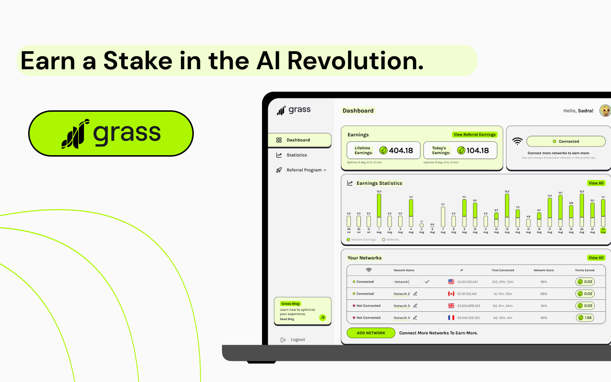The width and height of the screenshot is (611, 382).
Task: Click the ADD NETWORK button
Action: click(371, 333)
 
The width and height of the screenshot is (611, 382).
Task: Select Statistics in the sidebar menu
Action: click(296, 155)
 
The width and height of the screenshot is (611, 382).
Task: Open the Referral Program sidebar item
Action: click(304, 170)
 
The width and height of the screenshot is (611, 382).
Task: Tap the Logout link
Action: click(297, 340)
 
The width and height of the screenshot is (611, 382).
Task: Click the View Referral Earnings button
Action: click(474, 135)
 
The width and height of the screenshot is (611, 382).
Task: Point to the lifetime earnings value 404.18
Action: click(400, 150)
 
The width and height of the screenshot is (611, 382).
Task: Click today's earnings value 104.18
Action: click(477, 150)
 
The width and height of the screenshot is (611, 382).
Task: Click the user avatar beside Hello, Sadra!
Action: click(605, 111)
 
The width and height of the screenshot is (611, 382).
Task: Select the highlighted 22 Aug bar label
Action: click(603, 231)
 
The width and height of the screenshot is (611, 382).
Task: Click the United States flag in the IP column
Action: click(451, 282)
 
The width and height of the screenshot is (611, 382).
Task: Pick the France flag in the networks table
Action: click(451, 318)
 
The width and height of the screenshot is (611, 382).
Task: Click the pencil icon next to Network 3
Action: click(415, 306)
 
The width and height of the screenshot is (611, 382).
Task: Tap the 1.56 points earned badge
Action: click(585, 318)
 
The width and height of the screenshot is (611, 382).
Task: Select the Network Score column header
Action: click(544, 270)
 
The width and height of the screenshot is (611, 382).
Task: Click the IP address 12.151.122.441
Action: click(467, 294)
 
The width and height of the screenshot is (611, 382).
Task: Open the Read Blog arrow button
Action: click(323, 318)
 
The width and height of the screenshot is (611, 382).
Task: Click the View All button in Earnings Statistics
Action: click(596, 183)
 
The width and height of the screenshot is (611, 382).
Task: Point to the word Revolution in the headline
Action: click(356, 61)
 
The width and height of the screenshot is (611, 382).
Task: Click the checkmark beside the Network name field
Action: click(427, 282)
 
